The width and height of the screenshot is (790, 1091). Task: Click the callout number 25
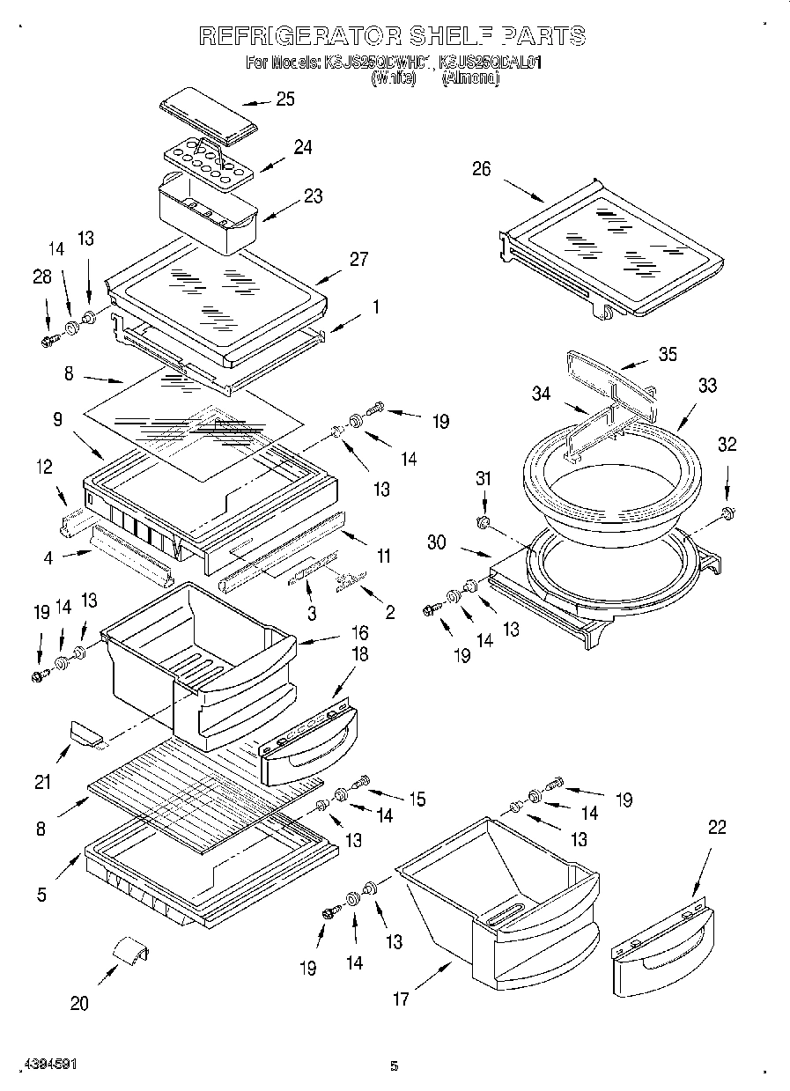click(x=284, y=99)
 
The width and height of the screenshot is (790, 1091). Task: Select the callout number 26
click(x=481, y=169)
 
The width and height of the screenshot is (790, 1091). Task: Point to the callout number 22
click(x=717, y=827)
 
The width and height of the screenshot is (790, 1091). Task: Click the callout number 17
click(x=401, y=999)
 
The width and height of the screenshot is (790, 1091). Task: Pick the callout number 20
click(x=79, y=1003)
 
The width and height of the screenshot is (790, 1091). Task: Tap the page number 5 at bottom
click(x=395, y=1066)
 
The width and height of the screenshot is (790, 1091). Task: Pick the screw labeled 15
click(x=361, y=781)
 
